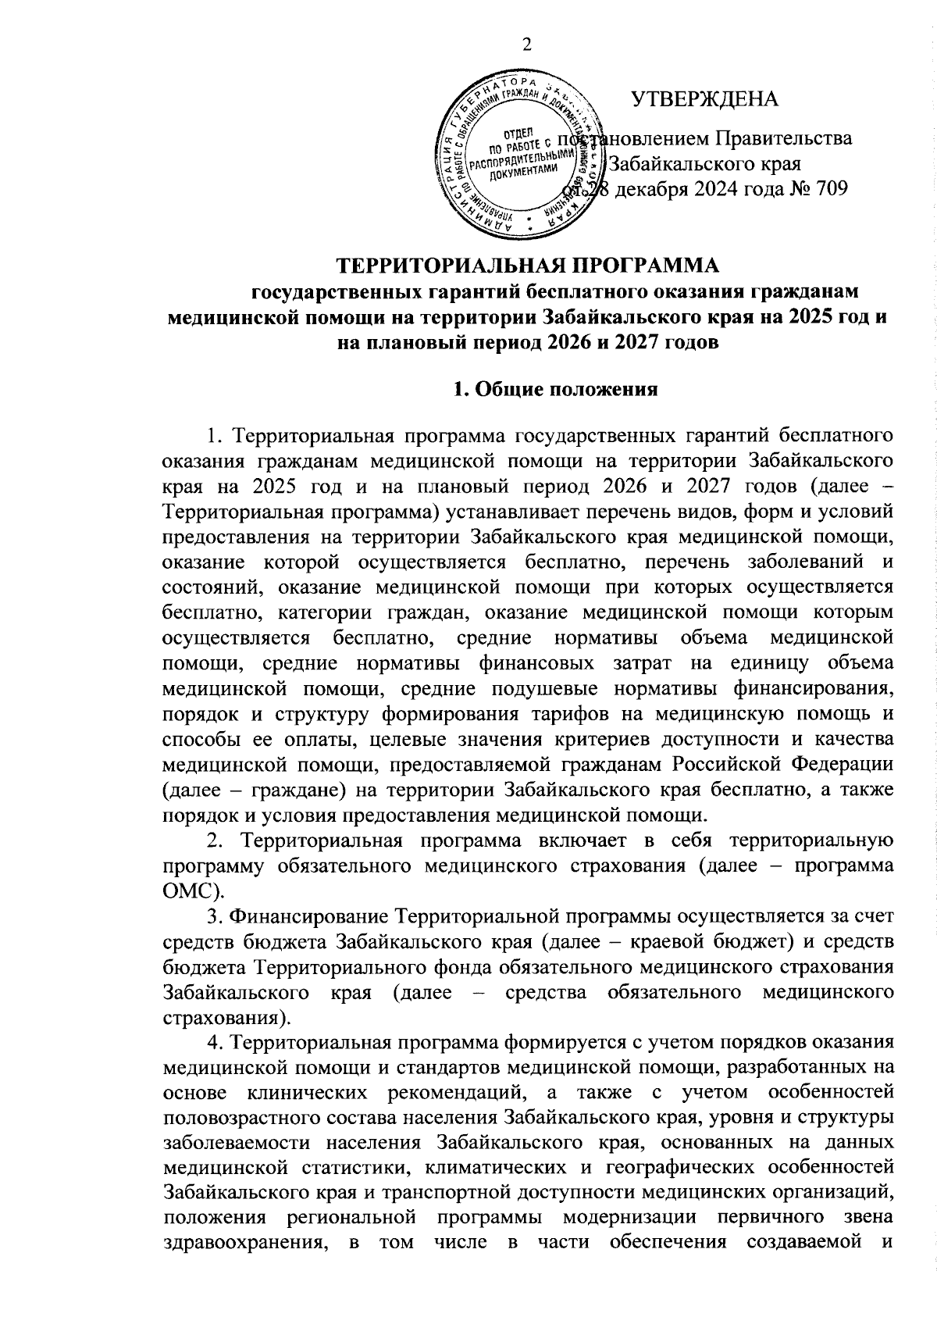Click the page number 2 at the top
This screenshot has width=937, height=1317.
tap(526, 45)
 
